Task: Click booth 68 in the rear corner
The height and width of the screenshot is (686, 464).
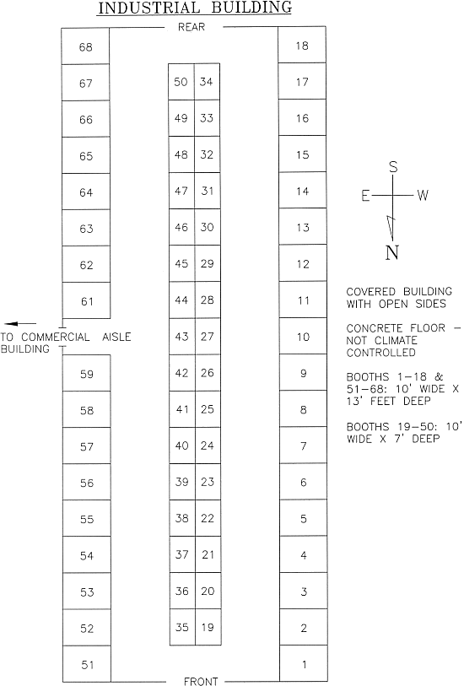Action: (85, 46)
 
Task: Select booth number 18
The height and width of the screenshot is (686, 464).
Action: (302, 45)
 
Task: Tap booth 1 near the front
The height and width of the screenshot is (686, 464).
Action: (304, 664)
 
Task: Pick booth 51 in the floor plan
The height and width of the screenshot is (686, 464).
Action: (87, 664)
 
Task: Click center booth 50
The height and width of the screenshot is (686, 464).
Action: (181, 82)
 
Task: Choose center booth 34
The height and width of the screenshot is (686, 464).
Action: (207, 82)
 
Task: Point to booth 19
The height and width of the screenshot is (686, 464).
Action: (208, 628)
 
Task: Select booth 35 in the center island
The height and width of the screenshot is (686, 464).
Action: (182, 628)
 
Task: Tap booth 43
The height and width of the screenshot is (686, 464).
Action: (182, 337)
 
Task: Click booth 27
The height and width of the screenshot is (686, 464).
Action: (208, 337)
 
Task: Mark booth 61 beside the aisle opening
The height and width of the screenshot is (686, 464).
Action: (86, 300)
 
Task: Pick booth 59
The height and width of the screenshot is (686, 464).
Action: (87, 373)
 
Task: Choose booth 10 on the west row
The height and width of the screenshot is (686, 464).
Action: (303, 337)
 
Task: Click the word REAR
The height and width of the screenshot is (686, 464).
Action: (192, 27)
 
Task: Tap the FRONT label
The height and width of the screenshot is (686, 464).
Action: (201, 681)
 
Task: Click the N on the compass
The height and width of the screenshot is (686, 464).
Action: (392, 252)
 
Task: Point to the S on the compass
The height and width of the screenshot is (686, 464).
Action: (393, 167)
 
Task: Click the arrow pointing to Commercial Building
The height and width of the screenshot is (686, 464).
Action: (20, 324)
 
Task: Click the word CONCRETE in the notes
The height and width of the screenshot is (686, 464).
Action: (374, 328)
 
